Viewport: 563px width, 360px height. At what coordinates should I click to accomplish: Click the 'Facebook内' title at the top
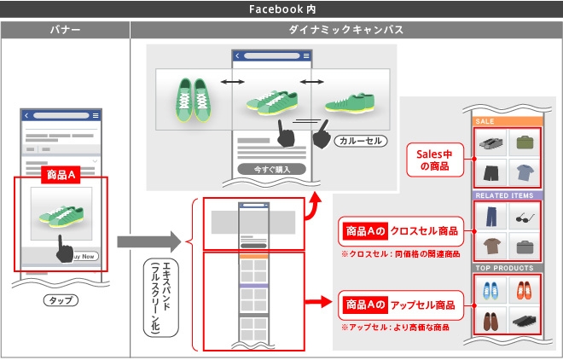click(281, 9)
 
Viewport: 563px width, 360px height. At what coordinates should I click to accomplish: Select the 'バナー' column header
click(66, 30)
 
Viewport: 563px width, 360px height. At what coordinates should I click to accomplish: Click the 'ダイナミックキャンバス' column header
click(346, 30)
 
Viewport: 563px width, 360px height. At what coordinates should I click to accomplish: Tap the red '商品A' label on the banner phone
click(61, 174)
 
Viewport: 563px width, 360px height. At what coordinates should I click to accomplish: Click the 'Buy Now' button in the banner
click(84, 256)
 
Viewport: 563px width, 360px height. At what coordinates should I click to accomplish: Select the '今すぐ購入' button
click(272, 169)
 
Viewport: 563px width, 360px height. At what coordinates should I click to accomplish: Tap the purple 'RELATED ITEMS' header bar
click(504, 195)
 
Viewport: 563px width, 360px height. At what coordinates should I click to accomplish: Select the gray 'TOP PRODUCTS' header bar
click(504, 268)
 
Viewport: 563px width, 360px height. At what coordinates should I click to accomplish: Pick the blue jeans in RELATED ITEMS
click(489, 217)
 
